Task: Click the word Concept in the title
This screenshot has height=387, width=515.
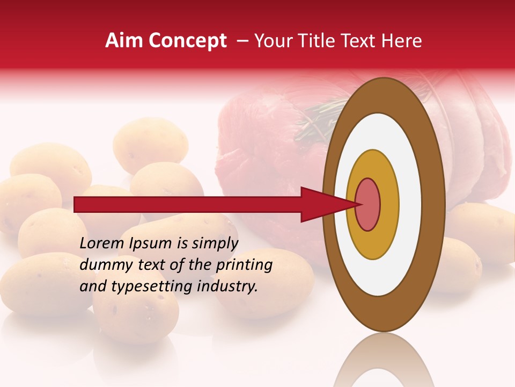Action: (x=187, y=41)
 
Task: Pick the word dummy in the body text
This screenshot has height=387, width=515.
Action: (x=104, y=265)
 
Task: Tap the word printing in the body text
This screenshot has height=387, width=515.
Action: (x=244, y=265)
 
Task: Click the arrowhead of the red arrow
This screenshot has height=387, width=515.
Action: (x=322, y=205)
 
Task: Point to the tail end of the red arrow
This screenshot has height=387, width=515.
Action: (x=78, y=205)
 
